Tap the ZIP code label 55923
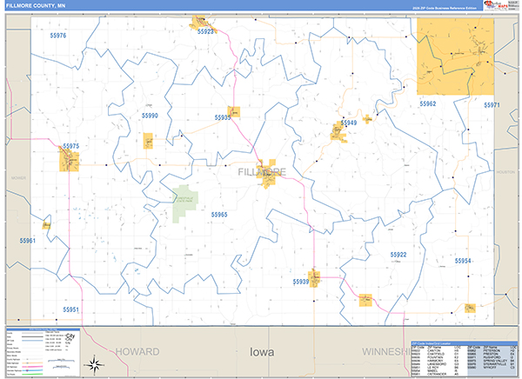(x=206, y=31)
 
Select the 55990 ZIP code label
(x=151, y=115)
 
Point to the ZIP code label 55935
(x=222, y=117)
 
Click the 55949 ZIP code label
(x=348, y=123)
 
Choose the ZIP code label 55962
(x=427, y=103)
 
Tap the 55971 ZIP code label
(x=492, y=104)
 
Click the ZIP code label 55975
(x=71, y=146)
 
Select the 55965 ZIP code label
(x=218, y=214)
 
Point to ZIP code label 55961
(x=28, y=240)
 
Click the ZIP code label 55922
(x=398, y=254)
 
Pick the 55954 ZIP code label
(x=462, y=261)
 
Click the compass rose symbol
(x=99, y=364)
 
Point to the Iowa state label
(x=261, y=353)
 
